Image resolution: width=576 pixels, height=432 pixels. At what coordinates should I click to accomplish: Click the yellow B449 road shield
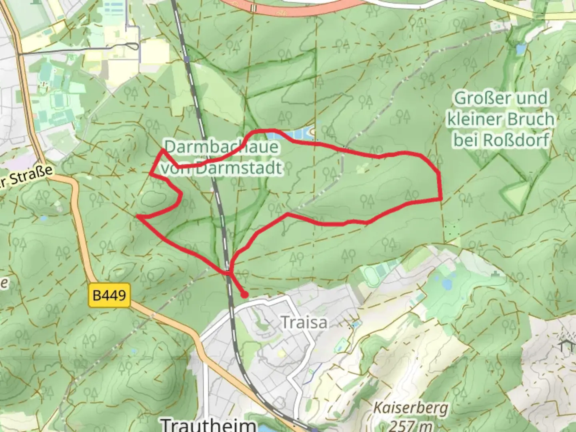(109, 295)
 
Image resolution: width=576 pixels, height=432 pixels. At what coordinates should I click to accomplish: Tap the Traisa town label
(304, 322)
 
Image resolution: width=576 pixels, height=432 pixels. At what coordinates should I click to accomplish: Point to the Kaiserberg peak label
(410, 408)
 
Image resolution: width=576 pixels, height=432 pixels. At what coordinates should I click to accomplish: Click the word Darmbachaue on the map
(221, 147)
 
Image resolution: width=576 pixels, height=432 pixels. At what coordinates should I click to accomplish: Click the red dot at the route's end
(244, 295)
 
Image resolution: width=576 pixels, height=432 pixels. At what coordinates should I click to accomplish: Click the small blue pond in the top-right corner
(520, 49)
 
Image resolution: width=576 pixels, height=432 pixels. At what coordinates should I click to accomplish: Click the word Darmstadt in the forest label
(239, 168)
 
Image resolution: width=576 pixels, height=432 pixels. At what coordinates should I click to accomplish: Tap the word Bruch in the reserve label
(529, 119)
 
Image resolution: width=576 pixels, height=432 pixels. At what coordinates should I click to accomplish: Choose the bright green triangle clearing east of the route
(518, 194)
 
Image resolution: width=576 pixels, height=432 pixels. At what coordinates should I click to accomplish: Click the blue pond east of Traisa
(446, 284)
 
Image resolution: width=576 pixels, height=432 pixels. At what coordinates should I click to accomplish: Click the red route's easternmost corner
(441, 198)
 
